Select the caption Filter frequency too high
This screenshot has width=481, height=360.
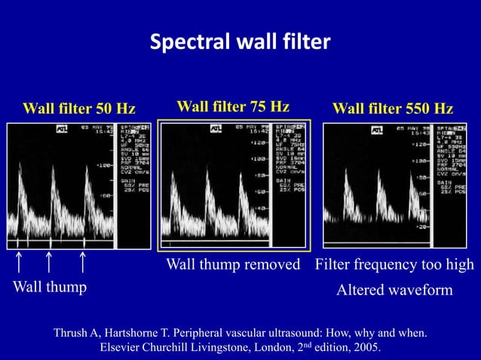click(x=394, y=264)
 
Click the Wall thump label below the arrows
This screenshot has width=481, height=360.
click(x=49, y=287)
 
